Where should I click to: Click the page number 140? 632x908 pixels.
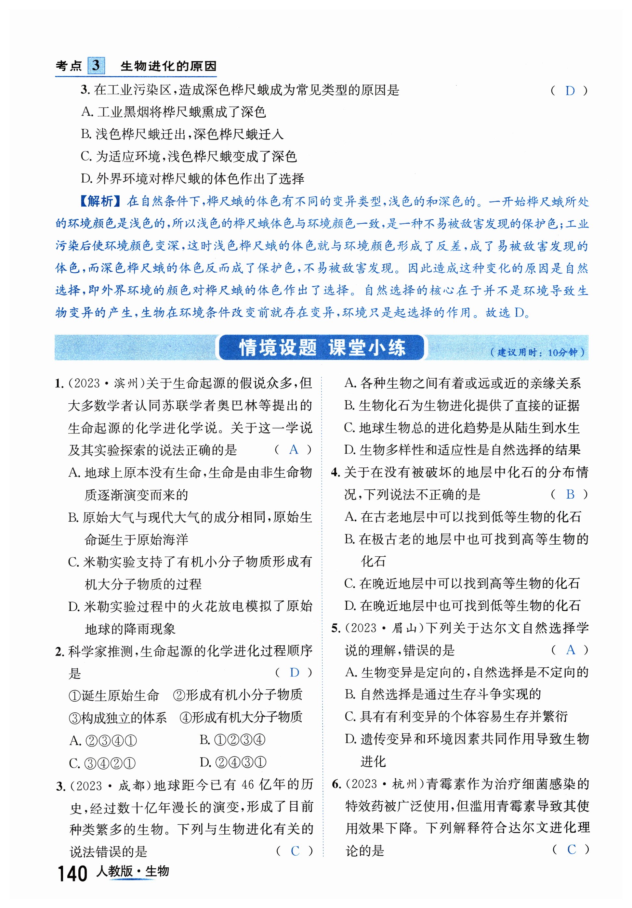pos(72,873)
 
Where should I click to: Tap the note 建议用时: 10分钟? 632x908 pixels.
pos(537,352)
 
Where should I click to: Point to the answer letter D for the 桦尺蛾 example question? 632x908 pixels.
pos(570,91)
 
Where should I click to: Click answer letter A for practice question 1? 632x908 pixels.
pos(294,450)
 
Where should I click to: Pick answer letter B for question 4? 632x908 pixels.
pos(570,494)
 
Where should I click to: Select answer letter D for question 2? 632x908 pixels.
pos(294,673)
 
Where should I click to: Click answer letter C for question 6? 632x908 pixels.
pos(571,850)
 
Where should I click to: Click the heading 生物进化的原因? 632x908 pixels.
pos(168,66)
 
